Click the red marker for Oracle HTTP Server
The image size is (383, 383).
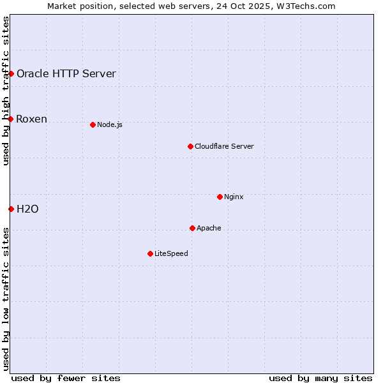(11, 73)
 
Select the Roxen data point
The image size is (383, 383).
(11, 119)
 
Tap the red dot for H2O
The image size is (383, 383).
(11, 209)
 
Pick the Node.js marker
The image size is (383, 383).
(93, 124)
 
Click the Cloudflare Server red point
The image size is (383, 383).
(190, 146)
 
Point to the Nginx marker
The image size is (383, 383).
(220, 197)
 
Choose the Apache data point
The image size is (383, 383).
(192, 228)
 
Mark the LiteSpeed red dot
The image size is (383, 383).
(150, 253)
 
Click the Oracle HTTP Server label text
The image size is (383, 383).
(66, 73)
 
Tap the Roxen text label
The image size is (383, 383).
(32, 119)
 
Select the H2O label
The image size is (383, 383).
(27, 209)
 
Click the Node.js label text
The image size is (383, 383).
(110, 124)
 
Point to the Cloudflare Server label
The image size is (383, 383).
(224, 146)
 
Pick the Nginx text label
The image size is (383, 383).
(234, 197)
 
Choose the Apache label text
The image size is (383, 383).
(209, 228)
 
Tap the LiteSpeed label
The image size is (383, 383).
(171, 253)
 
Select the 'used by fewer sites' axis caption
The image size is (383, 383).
(66, 378)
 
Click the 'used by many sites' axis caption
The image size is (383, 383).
(320, 378)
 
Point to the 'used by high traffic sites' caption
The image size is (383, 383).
(6, 91)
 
